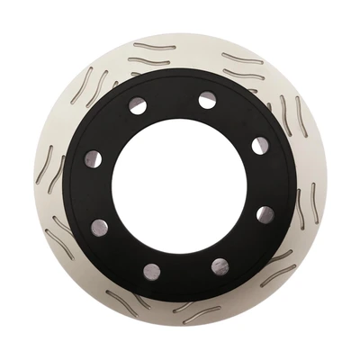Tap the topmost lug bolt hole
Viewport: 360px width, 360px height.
click(x=208, y=100)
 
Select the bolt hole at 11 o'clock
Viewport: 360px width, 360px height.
click(x=137, y=106)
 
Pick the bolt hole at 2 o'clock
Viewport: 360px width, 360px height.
click(x=259, y=145)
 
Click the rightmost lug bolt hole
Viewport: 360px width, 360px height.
click(x=265, y=214)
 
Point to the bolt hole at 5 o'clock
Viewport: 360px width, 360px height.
click(x=220, y=265)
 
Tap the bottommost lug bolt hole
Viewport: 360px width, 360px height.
click(x=151, y=271)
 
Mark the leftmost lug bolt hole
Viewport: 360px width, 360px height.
click(x=94, y=159)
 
